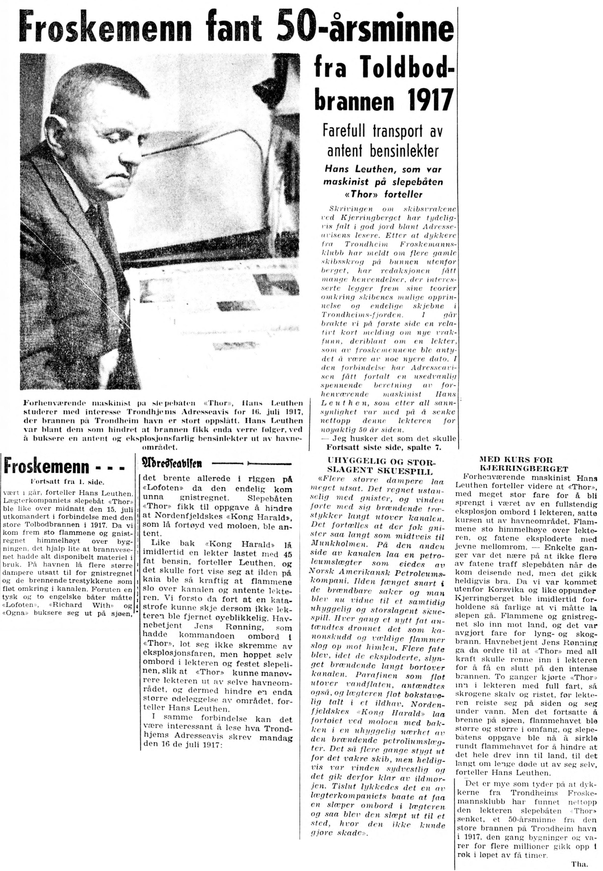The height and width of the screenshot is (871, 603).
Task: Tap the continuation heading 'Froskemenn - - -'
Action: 64,467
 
